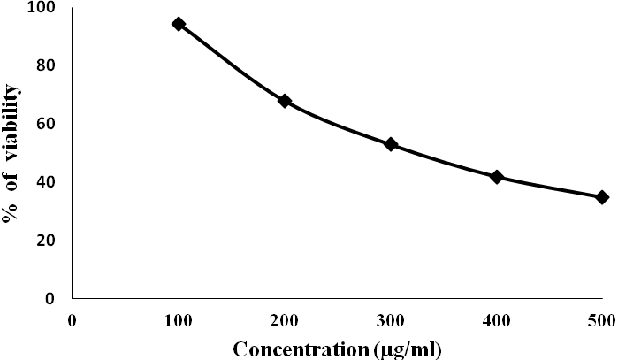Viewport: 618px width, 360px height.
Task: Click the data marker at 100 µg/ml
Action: point(179,24)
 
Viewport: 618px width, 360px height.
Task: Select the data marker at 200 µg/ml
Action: point(285,101)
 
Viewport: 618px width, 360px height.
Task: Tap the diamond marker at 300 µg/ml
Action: point(391,144)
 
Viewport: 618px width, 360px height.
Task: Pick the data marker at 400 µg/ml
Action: point(497,177)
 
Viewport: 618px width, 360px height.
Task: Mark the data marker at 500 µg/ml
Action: point(602,197)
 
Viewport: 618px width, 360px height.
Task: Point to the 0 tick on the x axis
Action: point(72,319)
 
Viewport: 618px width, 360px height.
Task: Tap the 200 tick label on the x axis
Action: point(285,319)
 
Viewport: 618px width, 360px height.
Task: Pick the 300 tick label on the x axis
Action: point(391,319)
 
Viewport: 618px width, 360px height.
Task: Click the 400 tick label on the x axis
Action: point(497,319)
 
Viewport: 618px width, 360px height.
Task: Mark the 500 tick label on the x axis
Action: point(602,319)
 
